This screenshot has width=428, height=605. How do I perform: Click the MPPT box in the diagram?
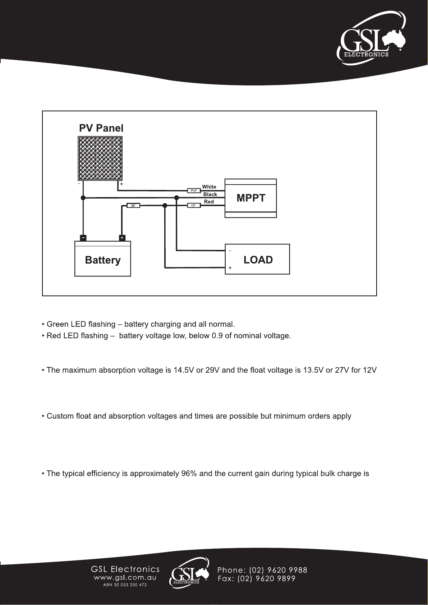(x=250, y=198)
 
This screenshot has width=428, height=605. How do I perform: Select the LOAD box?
(x=257, y=259)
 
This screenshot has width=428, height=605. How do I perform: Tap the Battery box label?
(x=103, y=260)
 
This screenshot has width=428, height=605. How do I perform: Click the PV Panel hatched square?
(x=100, y=158)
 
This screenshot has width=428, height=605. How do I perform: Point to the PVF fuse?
(x=194, y=191)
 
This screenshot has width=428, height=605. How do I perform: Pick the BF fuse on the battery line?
(x=133, y=205)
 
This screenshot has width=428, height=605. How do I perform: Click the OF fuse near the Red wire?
(x=194, y=205)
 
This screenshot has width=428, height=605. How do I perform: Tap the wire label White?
(x=209, y=187)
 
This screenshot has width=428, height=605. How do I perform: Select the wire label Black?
(x=210, y=194)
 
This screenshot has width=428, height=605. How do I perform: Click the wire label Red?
(x=209, y=201)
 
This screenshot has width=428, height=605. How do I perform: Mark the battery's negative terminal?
(x=83, y=238)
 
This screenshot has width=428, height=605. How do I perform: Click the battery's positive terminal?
(x=122, y=238)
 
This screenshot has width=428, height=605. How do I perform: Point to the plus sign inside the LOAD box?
(x=230, y=267)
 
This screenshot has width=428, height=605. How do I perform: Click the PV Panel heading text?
(x=101, y=128)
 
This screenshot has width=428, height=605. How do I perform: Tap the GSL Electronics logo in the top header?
(x=371, y=38)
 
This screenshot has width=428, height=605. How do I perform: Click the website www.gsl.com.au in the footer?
(x=125, y=578)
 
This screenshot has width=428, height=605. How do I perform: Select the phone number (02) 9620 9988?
(x=278, y=570)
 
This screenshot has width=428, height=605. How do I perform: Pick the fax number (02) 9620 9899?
(x=266, y=578)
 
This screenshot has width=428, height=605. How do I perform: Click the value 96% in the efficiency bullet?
(x=189, y=474)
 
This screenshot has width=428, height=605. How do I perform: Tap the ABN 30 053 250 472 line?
(x=125, y=585)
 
